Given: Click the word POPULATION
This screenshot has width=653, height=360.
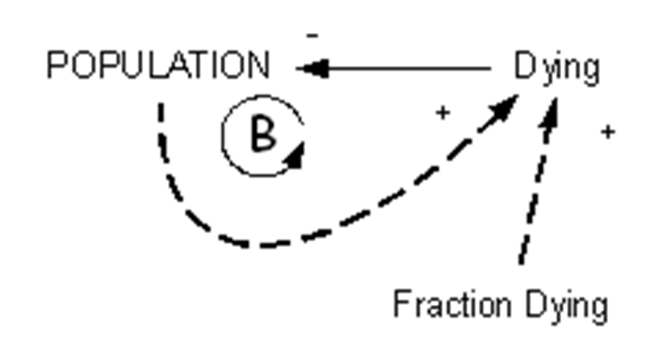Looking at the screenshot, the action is [x=159, y=64].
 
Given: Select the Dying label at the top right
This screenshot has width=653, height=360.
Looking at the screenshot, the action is [x=557, y=68].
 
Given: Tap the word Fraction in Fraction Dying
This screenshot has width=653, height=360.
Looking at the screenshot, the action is [x=452, y=304].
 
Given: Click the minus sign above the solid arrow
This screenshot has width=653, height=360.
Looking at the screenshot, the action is [x=312, y=36].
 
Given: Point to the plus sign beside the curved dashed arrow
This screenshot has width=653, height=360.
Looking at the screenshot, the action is [x=443, y=112].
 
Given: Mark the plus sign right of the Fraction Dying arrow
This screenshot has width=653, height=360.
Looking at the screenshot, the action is [x=608, y=132].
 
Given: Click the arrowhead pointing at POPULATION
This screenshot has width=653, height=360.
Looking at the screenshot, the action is [x=312, y=68].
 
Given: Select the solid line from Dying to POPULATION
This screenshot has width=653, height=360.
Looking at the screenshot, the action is [x=394, y=68].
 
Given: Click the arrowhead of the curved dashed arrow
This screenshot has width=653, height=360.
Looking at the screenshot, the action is [x=504, y=107].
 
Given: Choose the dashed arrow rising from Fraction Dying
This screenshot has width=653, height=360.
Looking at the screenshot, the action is [x=539, y=180].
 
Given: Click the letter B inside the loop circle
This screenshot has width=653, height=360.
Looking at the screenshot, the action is [x=264, y=133].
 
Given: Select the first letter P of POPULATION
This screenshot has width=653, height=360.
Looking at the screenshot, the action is [x=57, y=64].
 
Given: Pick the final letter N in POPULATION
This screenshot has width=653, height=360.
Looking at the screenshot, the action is [x=259, y=64].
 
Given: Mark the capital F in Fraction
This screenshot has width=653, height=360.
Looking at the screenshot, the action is [x=403, y=304].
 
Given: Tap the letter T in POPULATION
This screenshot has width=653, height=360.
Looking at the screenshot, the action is [x=201, y=64].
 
